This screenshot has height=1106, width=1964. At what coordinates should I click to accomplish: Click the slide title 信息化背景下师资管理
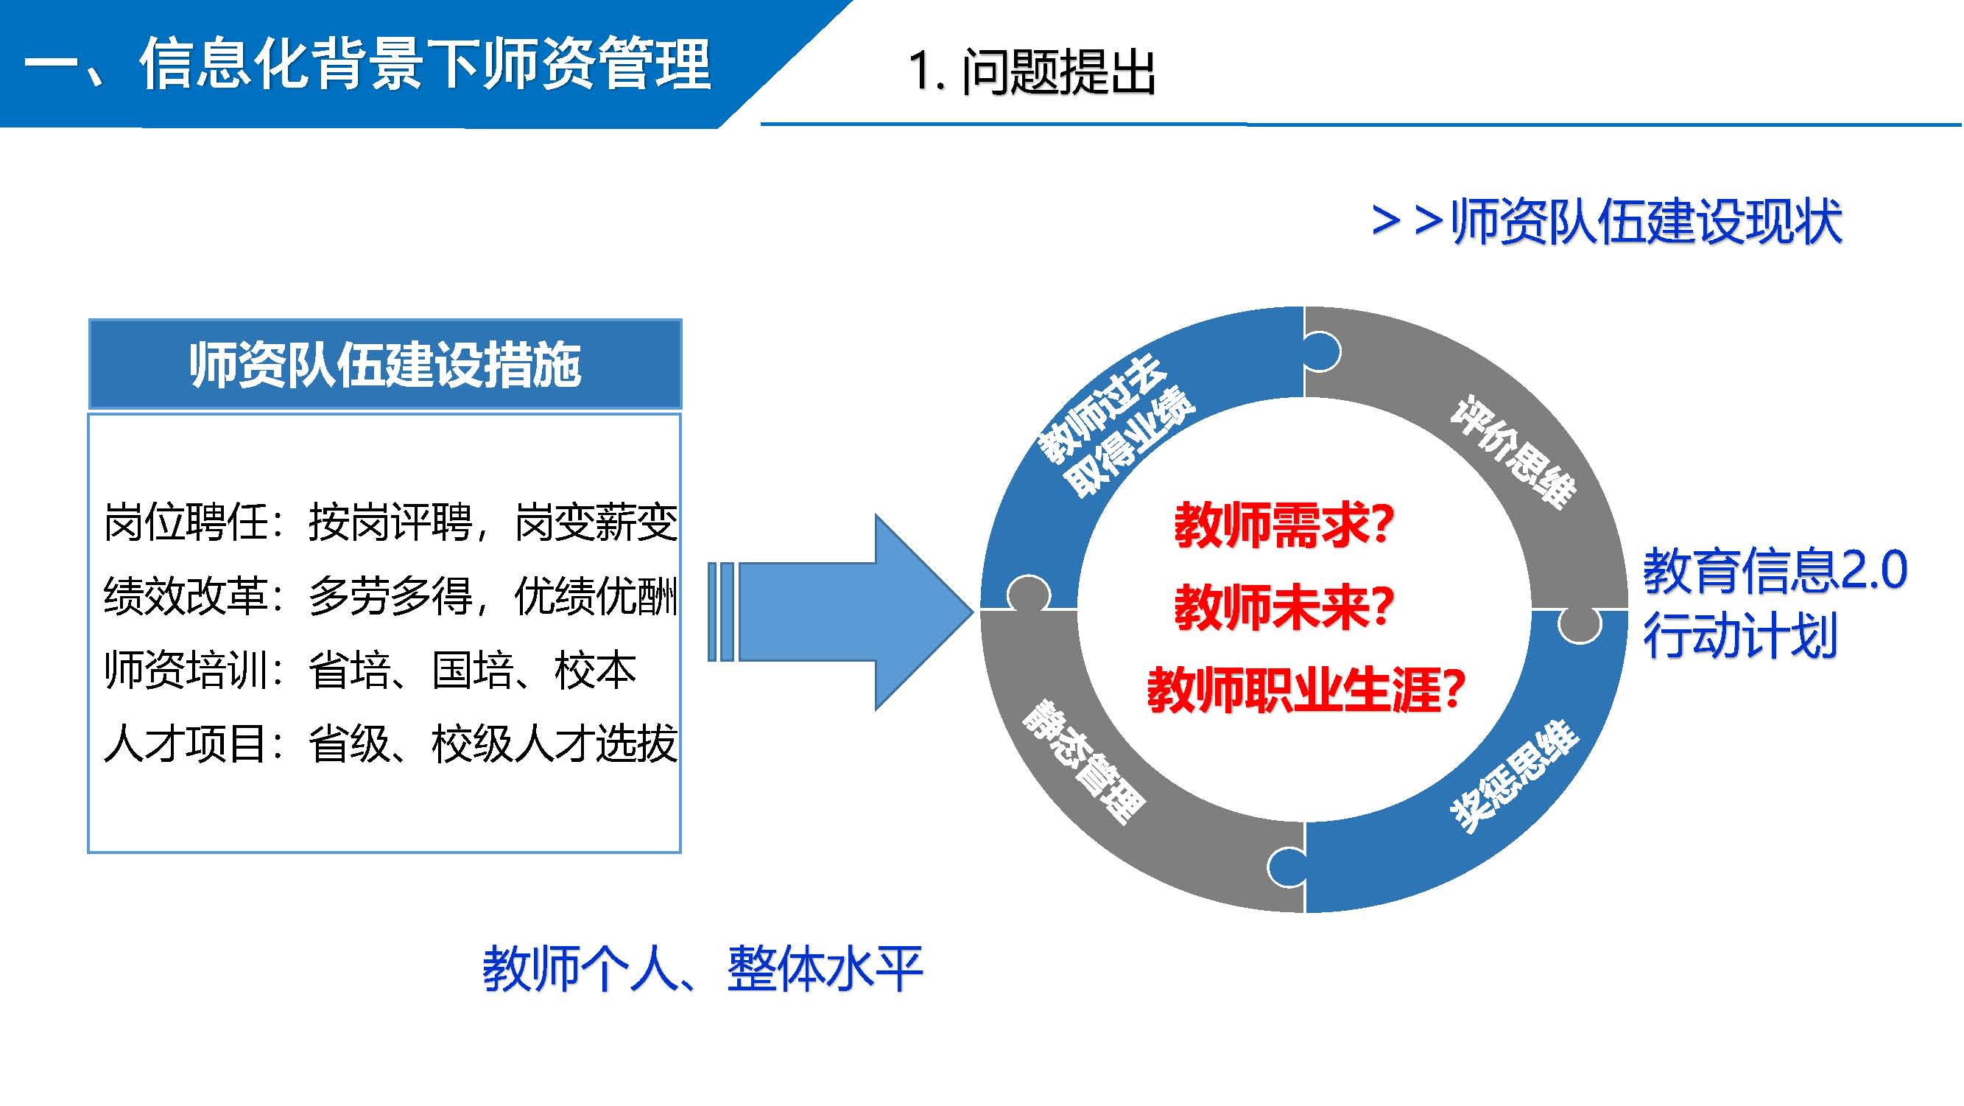tap(366, 65)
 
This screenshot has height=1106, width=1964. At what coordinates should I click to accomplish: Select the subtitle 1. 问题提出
tap(1031, 72)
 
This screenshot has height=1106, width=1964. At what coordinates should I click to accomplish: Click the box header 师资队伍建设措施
tap(385, 365)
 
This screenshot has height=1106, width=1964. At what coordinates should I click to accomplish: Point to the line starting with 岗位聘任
tap(390, 522)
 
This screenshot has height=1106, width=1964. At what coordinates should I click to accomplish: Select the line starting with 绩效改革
tap(390, 595)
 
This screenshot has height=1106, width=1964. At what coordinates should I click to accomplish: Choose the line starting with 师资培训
tap(370, 670)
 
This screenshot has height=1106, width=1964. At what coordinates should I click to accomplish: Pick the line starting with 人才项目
tap(390, 743)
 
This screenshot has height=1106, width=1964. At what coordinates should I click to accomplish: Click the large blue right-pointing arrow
tap(846, 611)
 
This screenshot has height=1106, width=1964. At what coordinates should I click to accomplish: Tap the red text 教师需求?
tap(1283, 525)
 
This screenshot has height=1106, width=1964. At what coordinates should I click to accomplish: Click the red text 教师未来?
tap(1283, 608)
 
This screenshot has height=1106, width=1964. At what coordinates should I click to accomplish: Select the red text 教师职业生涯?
tap(1305, 690)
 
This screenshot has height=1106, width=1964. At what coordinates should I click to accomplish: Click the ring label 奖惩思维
tap(1513, 776)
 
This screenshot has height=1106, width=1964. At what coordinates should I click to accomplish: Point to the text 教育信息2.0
tap(1774, 570)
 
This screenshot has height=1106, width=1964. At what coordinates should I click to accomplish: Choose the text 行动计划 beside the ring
tap(1740, 635)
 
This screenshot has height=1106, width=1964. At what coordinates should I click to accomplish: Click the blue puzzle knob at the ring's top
tap(1323, 351)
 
